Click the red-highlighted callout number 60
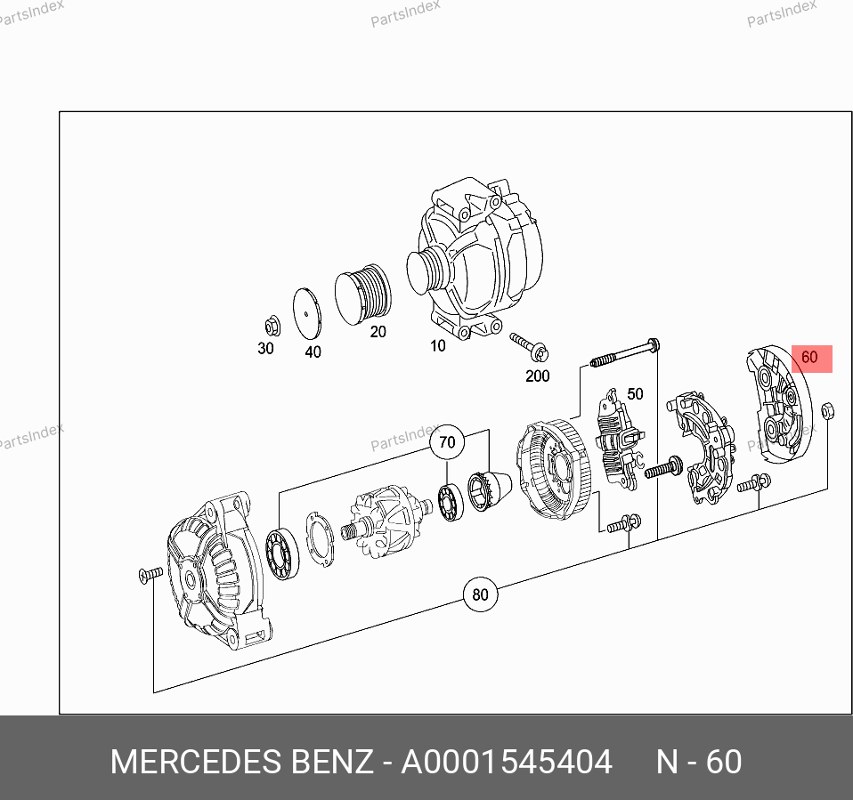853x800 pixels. click(809, 358)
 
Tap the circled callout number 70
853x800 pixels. click(447, 441)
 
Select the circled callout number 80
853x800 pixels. click(480, 594)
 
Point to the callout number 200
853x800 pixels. click(538, 376)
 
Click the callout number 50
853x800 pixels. click(635, 393)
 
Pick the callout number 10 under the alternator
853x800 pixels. click(438, 346)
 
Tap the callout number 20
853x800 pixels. click(378, 332)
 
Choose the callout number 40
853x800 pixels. click(313, 352)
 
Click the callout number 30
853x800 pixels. click(265, 349)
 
